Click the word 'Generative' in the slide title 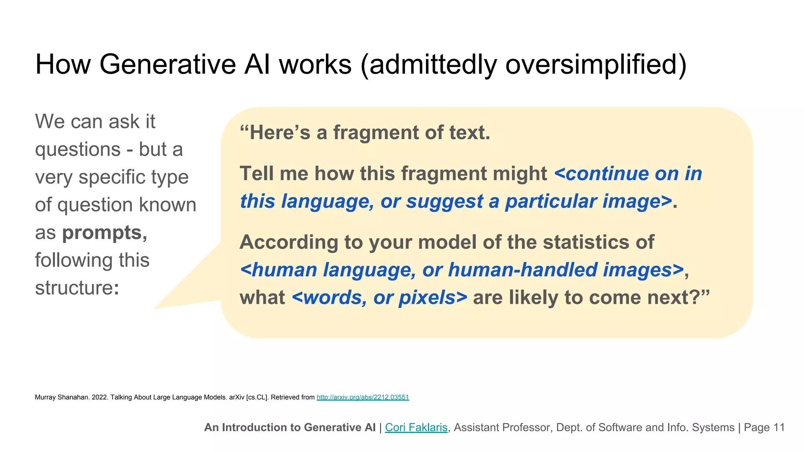167,64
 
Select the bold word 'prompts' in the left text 102,233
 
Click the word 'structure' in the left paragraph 74,288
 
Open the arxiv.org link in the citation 363,397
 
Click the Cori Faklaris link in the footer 416,427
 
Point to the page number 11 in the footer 778,427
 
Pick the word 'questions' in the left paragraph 78,149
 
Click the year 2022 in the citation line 99,397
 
